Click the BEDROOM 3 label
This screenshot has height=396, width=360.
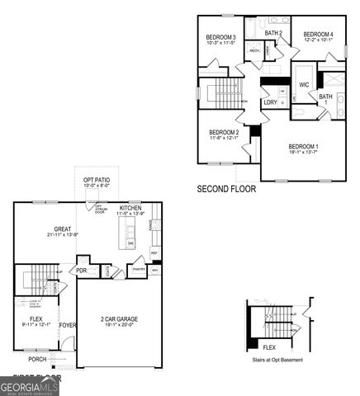[221, 37]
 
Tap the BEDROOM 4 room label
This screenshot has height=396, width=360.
[318, 34]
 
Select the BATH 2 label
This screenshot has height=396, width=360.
[274, 33]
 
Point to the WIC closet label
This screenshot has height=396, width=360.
[304, 85]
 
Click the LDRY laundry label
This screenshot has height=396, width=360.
[270, 102]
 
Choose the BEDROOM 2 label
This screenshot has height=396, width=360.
[224, 132]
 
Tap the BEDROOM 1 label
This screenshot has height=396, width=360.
[303, 146]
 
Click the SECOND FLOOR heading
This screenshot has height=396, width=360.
[226, 189]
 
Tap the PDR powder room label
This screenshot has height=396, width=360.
[82, 270]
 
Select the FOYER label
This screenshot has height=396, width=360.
[67, 325]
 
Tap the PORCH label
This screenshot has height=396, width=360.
[37, 360]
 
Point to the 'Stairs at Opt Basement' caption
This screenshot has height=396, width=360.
[276, 361]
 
